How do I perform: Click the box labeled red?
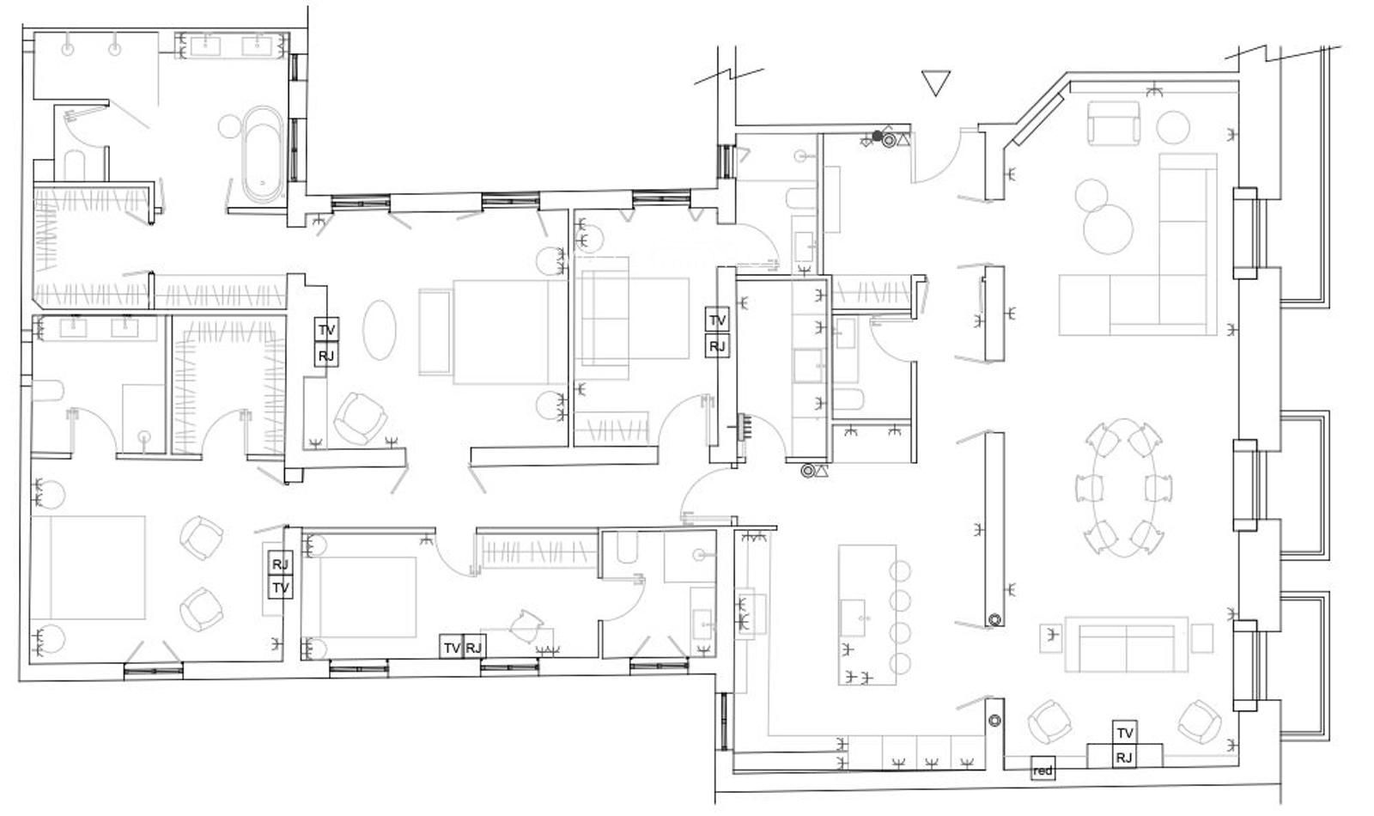tap(1043, 770)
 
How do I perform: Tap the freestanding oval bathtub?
tap(263, 155)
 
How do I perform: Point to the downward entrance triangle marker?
tap(936, 82)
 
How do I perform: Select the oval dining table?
tap(1124, 489)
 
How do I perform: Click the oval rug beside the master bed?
tap(379, 330)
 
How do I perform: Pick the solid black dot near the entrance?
tap(877, 136)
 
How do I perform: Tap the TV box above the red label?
tap(1124, 733)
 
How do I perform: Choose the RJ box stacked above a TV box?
tap(280, 563)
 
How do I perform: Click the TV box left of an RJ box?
tap(452, 648)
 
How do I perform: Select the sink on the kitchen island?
tap(853, 618)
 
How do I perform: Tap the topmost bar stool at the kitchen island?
tap(900, 571)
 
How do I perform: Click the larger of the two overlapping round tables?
tap(1108, 228)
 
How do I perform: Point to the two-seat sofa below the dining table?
tap(1126, 644)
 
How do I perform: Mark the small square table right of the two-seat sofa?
tap(1202, 639)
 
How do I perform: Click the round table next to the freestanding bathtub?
tap(229, 126)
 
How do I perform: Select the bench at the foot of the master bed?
tap(435, 332)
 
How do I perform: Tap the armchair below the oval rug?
tap(360, 418)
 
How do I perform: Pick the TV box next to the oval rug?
tap(326, 330)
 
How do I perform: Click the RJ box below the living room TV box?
tap(1124, 757)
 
